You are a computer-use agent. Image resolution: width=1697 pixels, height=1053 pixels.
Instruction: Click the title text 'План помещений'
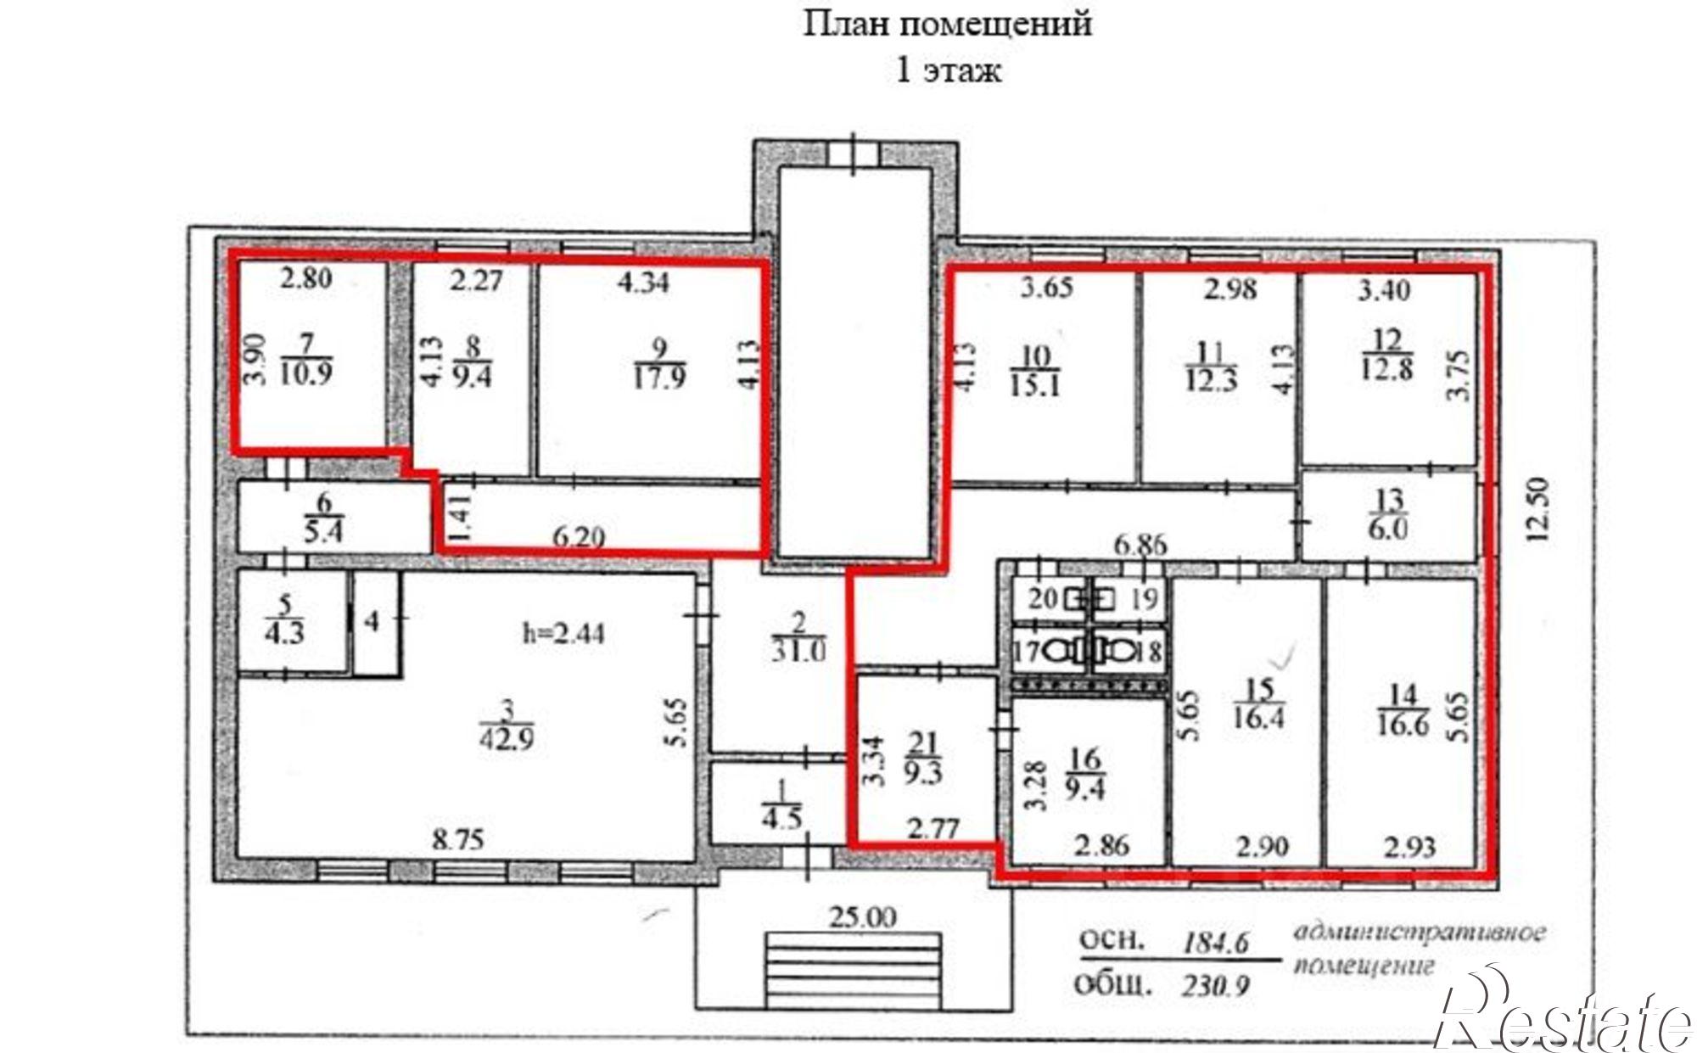(947, 24)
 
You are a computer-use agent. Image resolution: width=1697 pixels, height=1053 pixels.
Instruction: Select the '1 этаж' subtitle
(948, 70)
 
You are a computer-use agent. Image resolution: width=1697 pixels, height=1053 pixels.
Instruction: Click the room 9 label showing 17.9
(659, 363)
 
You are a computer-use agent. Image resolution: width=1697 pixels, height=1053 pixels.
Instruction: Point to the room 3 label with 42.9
(507, 725)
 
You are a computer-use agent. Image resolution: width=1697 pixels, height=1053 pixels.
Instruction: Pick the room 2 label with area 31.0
(798, 637)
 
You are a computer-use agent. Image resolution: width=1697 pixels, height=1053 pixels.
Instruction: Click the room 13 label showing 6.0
(1388, 514)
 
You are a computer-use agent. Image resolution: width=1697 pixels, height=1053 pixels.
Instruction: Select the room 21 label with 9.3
(922, 759)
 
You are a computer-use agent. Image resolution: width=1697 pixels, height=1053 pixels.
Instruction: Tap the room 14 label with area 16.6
(1403, 709)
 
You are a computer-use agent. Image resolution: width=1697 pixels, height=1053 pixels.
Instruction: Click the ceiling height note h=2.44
(563, 633)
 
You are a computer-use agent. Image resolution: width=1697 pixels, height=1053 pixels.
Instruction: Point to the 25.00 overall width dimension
(865, 916)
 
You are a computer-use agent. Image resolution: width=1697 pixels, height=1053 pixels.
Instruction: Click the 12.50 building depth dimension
(1540, 509)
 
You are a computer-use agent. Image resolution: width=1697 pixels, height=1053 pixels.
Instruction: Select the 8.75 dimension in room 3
(457, 840)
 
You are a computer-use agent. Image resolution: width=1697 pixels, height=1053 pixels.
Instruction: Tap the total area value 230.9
(1215, 987)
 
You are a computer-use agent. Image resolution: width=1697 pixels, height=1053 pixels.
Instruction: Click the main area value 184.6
(1218, 942)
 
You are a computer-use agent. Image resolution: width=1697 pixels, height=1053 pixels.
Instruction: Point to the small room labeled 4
(372, 622)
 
